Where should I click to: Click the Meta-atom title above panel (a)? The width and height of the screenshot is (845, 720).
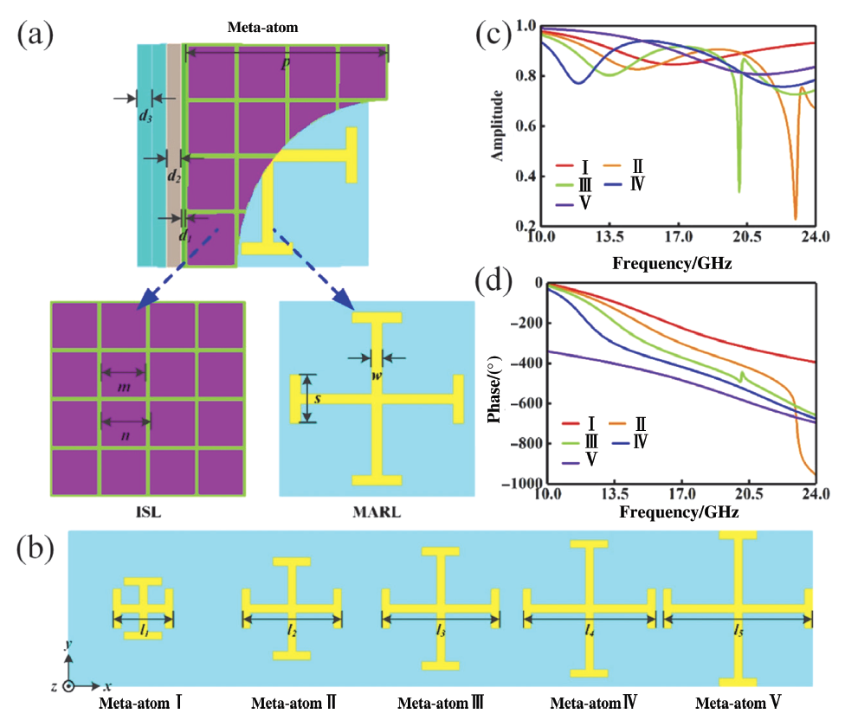pyautogui.click(x=262, y=27)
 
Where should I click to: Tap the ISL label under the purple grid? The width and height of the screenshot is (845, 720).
pyautogui.click(x=148, y=511)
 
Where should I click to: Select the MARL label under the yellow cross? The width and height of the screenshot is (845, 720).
pyautogui.click(x=377, y=511)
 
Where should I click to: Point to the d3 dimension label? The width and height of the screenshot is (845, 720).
pyautogui.click(x=145, y=115)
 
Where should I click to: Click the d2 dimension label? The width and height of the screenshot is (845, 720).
pyautogui.click(x=173, y=175)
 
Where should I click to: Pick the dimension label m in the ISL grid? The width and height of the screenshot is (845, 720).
pyautogui.click(x=124, y=386)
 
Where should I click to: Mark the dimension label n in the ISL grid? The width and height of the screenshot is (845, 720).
pyautogui.click(x=125, y=435)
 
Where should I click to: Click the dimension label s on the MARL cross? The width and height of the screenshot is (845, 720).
pyautogui.click(x=318, y=398)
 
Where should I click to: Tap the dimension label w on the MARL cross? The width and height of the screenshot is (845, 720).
pyautogui.click(x=376, y=376)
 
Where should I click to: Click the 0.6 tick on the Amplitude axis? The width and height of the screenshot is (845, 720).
pyautogui.click(x=526, y=126)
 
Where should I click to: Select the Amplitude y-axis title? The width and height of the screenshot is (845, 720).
pyautogui.click(x=497, y=125)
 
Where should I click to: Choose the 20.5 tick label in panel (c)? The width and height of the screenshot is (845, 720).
pyautogui.click(x=746, y=236)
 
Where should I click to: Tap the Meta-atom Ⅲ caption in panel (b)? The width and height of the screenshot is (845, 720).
pyautogui.click(x=441, y=703)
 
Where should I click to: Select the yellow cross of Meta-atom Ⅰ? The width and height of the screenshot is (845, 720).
pyautogui.click(x=143, y=608)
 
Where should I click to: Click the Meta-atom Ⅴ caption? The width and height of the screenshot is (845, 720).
pyautogui.click(x=739, y=703)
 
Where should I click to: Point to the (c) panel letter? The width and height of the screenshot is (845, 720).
pyautogui.click(x=493, y=34)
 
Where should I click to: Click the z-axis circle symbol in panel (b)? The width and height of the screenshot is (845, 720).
pyautogui.click(x=68, y=686)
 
